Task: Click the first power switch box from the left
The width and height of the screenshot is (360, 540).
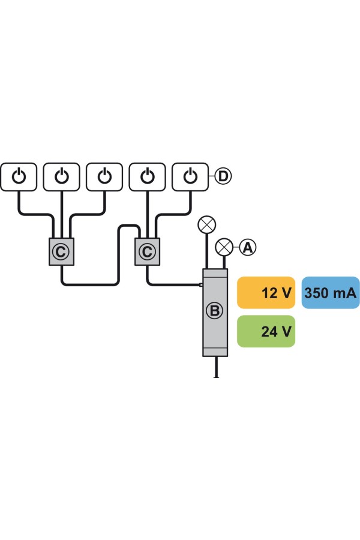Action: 20,176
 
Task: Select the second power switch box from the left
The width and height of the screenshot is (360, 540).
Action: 62,176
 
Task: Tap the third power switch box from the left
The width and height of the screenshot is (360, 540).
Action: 105,176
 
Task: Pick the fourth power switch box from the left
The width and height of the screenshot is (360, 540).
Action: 148,176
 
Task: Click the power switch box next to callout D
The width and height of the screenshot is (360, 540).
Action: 190,176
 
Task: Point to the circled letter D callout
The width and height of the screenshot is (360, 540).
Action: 223,176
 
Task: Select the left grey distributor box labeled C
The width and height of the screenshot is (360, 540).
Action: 61,251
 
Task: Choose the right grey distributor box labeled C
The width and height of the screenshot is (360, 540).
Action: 146,251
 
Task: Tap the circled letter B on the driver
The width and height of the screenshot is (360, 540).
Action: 214,311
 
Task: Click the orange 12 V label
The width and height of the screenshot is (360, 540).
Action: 266,293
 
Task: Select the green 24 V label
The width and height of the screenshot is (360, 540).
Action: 266,331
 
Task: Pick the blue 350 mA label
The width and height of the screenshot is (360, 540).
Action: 330,293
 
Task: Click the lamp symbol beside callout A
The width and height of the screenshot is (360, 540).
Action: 224,246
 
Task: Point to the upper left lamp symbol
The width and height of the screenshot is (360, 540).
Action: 207,225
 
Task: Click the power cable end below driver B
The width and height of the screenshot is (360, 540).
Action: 215,374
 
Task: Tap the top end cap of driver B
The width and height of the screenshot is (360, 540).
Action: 215,273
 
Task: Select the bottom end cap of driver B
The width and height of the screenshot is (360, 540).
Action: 215,351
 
